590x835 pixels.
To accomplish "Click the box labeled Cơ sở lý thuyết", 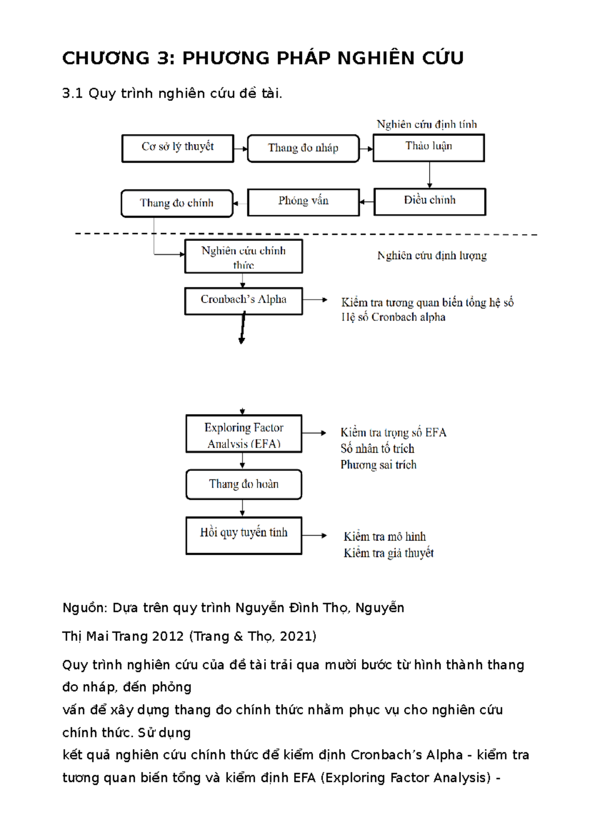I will (x=177, y=148).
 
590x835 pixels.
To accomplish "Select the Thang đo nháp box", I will (x=303, y=148).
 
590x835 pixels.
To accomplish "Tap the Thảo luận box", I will (x=429, y=148).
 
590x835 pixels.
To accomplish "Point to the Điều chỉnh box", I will (x=430, y=202).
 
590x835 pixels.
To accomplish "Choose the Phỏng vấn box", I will (x=303, y=202).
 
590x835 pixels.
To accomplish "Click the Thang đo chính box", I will (x=177, y=203).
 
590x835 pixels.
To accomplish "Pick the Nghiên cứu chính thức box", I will (x=243, y=256).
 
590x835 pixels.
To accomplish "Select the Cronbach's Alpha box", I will (x=243, y=301).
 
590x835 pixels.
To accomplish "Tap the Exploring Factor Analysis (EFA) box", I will (x=244, y=434).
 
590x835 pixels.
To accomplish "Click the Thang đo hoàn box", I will (x=244, y=484).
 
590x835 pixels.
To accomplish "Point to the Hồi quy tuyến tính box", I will (x=244, y=535).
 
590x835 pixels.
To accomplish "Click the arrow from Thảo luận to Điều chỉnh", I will (x=430, y=175).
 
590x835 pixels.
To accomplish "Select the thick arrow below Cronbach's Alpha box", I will (x=242, y=328).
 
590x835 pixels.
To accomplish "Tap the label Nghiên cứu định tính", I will (x=427, y=124).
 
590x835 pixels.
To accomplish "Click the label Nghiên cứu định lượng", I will (x=432, y=256).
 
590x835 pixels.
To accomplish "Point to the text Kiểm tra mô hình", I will (x=384, y=537).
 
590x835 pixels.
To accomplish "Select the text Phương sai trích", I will (x=379, y=465).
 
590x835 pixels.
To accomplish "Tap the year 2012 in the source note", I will (x=168, y=636).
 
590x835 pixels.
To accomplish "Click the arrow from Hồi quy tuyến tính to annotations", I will (x=314, y=535).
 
